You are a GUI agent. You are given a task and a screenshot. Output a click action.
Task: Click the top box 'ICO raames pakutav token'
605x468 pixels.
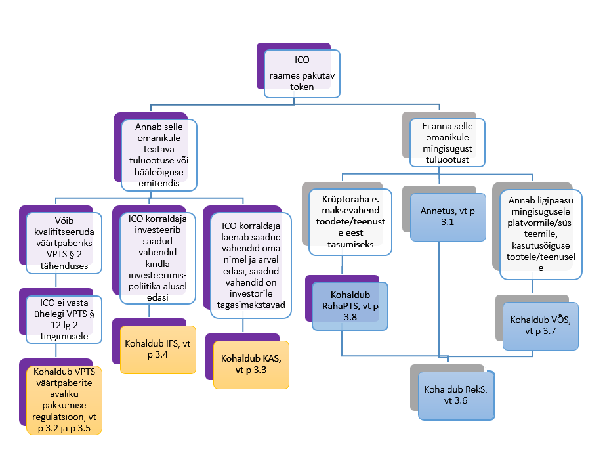302,74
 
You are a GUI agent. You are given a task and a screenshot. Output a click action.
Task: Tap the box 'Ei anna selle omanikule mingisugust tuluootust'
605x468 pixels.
448,141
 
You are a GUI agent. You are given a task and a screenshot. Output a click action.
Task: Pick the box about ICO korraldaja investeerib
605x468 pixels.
156,257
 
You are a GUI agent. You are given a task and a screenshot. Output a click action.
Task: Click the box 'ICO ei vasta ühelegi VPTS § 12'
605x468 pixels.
64,320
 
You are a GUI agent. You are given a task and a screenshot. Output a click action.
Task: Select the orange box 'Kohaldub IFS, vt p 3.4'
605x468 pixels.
157,349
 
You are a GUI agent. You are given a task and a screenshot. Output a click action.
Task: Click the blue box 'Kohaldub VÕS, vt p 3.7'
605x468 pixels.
540,326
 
